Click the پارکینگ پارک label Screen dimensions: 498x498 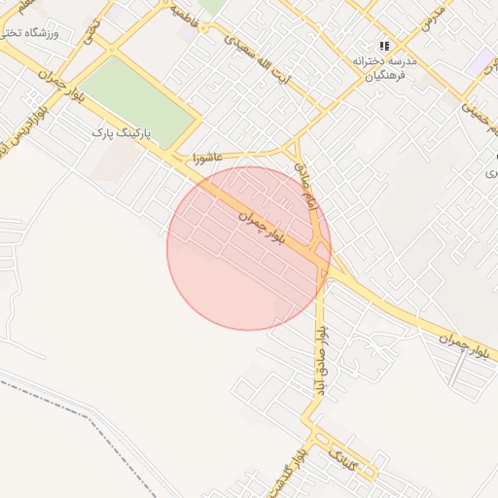coord(124,131)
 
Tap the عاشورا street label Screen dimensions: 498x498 coord(207,157)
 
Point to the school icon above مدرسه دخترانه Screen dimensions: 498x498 coord(386,45)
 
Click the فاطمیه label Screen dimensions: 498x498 coord(189,13)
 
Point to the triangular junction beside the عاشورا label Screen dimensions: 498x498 coord(292,152)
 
